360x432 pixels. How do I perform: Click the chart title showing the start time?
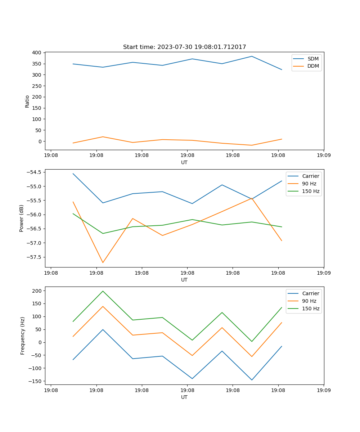point(184,47)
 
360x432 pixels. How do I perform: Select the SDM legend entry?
point(313,59)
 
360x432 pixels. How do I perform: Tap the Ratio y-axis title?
point(27,101)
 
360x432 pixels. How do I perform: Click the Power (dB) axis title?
point(22,218)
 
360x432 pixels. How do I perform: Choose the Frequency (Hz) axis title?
point(22,336)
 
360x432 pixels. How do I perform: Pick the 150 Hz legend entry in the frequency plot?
point(311,309)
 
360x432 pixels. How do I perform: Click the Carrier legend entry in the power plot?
point(310,176)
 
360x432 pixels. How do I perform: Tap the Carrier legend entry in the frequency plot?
point(310,293)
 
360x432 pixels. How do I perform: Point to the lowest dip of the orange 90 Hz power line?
point(103,262)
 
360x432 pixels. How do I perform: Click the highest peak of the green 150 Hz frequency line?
point(103,291)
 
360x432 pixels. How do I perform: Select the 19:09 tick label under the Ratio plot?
point(323,156)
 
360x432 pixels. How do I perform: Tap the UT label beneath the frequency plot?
point(184,397)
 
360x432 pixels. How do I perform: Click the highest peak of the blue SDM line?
point(252,56)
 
